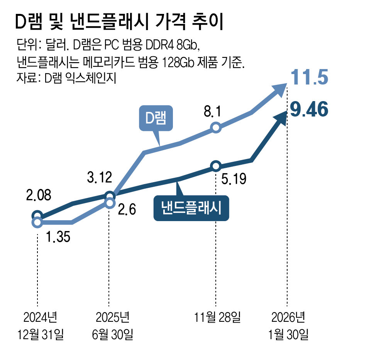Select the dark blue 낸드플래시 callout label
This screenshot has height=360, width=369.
(x=191, y=209)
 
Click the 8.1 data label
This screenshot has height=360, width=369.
(x=212, y=112)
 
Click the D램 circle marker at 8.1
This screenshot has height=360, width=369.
(x=216, y=127)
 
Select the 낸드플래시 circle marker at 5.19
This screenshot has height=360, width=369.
(x=216, y=166)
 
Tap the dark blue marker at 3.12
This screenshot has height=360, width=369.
(x=110, y=196)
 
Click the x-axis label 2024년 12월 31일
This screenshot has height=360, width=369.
(x=40, y=326)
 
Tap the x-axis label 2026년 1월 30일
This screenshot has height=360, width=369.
(x=288, y=326)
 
